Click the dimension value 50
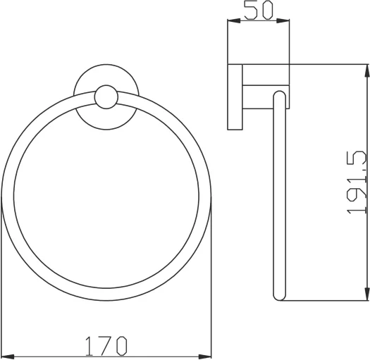point(259,10)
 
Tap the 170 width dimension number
point(106,346)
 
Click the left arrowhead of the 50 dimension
point(231,23)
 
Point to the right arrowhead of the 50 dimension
point(286,23)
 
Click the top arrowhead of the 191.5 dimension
point(366,68)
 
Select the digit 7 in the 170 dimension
point(106,346)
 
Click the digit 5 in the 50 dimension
point(250,10)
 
